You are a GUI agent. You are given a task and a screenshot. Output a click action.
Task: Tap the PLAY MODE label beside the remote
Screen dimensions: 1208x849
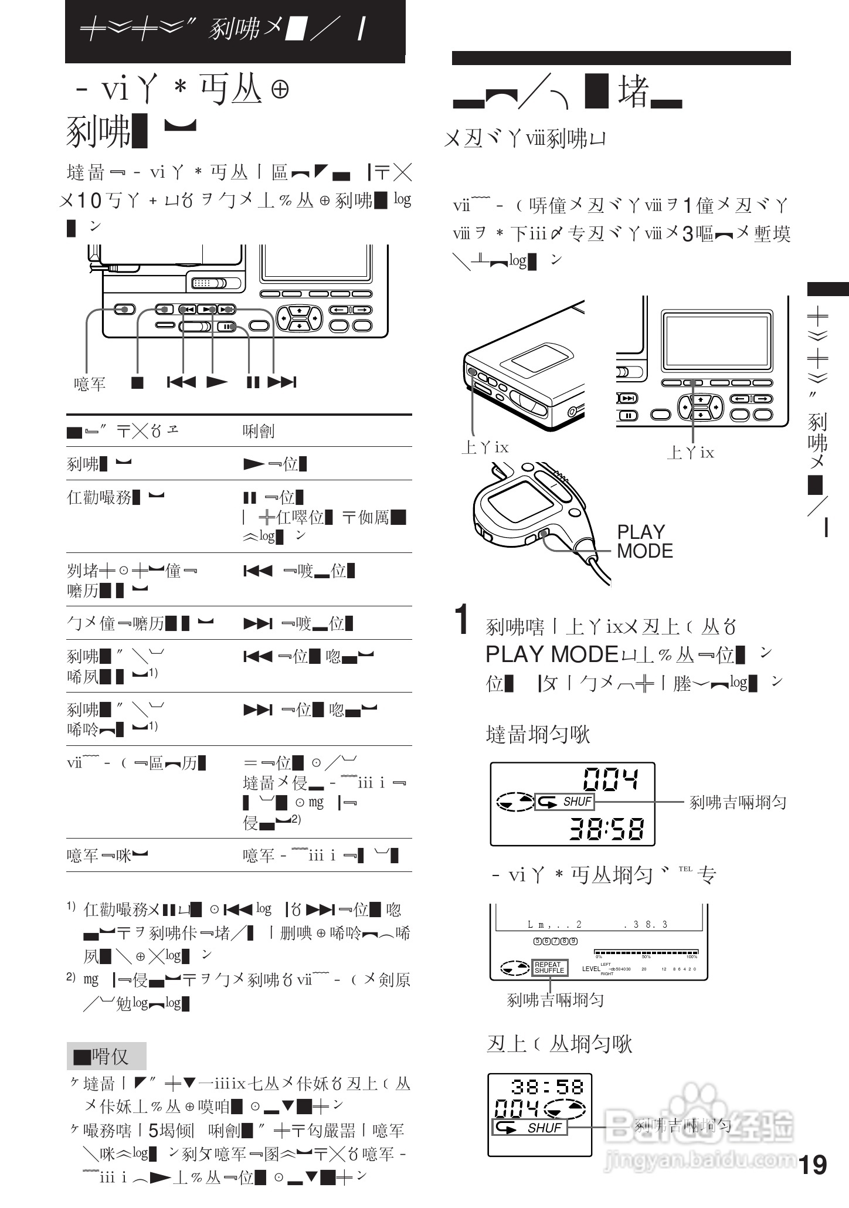point(644,541)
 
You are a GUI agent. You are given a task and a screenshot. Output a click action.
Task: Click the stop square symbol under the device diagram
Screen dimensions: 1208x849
point(137,382)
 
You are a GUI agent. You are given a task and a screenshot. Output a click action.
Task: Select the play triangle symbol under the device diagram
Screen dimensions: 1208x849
point(217,382)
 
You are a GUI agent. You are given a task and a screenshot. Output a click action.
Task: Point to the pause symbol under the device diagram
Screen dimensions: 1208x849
point(253,382)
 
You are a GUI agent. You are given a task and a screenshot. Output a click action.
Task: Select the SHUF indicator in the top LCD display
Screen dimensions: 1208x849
point(565,802)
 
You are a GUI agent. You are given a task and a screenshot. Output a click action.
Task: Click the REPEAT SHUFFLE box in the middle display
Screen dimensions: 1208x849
point(549,967)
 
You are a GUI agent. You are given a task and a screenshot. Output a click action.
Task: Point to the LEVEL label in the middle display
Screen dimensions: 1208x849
point(591,969)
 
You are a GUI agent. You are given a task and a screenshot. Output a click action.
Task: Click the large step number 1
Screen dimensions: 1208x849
point(463,620)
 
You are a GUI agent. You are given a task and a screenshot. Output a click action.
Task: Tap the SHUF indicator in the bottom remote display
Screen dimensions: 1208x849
point(529,1128)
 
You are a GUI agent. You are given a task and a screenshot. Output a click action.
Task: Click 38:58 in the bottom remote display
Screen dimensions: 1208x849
point(548,1087)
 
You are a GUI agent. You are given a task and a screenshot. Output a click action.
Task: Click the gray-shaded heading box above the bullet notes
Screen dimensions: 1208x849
point(106,1056)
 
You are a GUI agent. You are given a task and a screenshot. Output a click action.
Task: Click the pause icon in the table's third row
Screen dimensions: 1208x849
point(250,498)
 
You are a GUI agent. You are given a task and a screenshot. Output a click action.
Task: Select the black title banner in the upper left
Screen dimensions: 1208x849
point(235,30)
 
